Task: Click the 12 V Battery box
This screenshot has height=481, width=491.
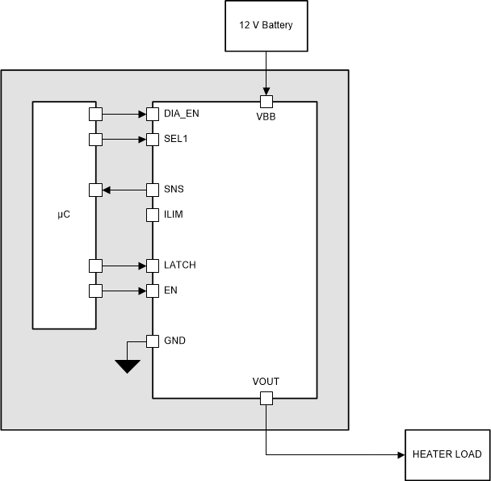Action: click(x=266, y=26)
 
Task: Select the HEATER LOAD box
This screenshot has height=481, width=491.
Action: click(x=447, y=454)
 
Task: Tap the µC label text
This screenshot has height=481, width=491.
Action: click(x=64, y=215)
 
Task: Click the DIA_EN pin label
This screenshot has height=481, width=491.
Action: click(x=181, y=114)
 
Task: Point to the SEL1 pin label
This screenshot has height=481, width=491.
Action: click(x=176, y=140)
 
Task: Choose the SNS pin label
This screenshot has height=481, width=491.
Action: click(x=174, y=190)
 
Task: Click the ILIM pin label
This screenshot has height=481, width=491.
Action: click(x=174, y=215)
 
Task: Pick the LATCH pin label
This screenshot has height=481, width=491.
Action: click(x=179, y=266)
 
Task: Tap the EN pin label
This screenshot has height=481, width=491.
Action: click(x=171, y=291)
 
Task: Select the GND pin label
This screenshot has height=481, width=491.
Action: click(x=174, y=341)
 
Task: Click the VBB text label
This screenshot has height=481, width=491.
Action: click(x=266, y=116)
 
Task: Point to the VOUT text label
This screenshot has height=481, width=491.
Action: click(x=266, y=382)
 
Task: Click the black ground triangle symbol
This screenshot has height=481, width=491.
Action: click(x=127, y=366)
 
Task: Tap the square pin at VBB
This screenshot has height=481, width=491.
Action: click(x=266, y=102)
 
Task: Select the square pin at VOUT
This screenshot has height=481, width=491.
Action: click(x=266, y=398)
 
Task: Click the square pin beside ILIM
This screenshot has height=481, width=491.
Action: click(x=153, y=215)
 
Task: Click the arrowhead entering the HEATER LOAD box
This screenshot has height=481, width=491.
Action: click(x=401, y=454)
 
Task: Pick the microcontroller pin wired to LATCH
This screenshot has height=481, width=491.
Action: click(x=95, y=266)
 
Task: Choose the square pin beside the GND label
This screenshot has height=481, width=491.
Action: click(x=153, y=341)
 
